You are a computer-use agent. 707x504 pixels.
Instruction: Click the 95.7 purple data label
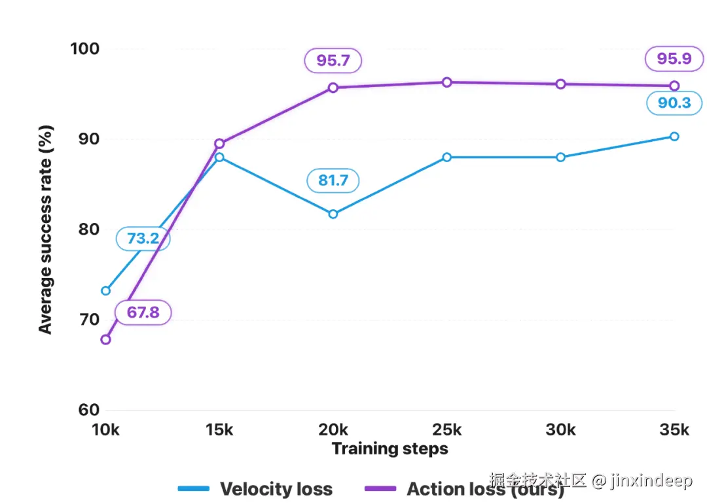pyautogui.click(x=333, y=60)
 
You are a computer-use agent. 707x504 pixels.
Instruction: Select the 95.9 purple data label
pyautogui.click(x=674, y=59)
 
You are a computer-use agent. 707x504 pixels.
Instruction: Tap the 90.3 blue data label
pyautogui.click(x=674, y=103)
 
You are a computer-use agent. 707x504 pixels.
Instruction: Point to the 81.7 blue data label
pyautogui.click(x=333, y=180)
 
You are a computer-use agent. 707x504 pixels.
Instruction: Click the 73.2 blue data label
pyautogui.click(x=143, y=238)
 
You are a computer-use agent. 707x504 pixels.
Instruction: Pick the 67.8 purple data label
pyautogui.click(x=143, y=312)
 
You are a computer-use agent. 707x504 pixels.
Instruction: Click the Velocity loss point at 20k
pyautogui.click(x=333, y=214)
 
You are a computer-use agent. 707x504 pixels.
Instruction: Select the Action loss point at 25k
pyautogui.click(x=447, y=82)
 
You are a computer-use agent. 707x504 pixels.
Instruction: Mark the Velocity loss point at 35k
pyautogui.click(x=674, y=136)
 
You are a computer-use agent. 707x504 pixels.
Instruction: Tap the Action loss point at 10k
pyautogui.click(x=105, y=339)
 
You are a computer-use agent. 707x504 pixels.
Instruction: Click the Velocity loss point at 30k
pyautogui.click(x=560, y=157)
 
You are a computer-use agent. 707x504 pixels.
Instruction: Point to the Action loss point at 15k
pyautogui.click(x=219, y=144)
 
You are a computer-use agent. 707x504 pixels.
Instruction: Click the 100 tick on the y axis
pyautogui.click(x=84, y=48)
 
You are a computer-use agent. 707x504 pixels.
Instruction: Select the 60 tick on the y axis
pyautogui.click(x=88, y=409)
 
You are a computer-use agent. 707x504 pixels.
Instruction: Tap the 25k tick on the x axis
pyautogui.click(x=447, y=429)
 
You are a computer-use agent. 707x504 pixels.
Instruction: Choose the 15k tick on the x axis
pyautogui.click(x=219, y=429)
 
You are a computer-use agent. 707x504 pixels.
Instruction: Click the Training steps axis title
pyautogui.click(x=390, y=448)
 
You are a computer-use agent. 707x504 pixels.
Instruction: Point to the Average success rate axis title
pyautogui.click(x=46, y=229)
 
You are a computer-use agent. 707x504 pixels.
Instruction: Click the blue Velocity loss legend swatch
pyautogui.click(x=193, y=488)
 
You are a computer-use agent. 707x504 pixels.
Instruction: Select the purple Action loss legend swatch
pyautogui.click(x=380, y=488)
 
